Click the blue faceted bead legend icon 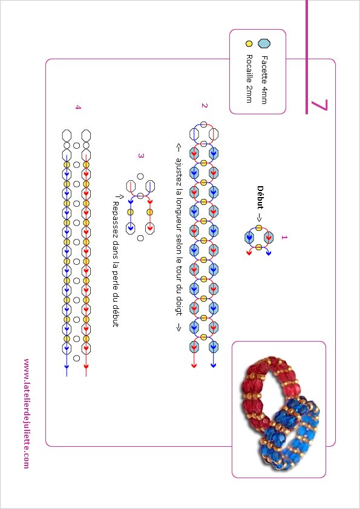click(264, 44)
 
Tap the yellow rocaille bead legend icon click(249, 44)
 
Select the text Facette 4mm click(264, 80)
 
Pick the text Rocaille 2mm click(249, 79)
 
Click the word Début click(260, 197)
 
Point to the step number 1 click(284, 238)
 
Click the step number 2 click(204, 106)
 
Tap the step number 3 click(140, 156)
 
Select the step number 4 click(77, 107)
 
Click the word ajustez click(178, 170)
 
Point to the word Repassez click(116, 216)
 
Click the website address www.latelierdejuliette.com click(27, 413)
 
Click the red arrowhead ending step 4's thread click(86, 366)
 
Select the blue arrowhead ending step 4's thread click(67, 366)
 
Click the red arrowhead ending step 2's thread click(194, 366)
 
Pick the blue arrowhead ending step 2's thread click(214, 366)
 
